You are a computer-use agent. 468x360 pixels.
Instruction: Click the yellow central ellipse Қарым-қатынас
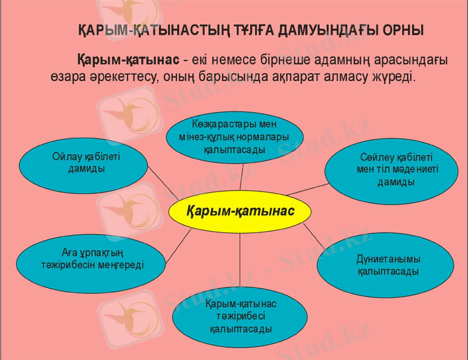240,211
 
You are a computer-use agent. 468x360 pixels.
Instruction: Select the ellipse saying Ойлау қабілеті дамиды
83,163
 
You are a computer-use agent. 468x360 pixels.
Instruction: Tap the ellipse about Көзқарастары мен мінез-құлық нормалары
241,137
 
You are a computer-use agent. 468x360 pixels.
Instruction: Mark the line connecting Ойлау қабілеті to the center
163,183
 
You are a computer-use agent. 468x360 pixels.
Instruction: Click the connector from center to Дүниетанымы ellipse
314,236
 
